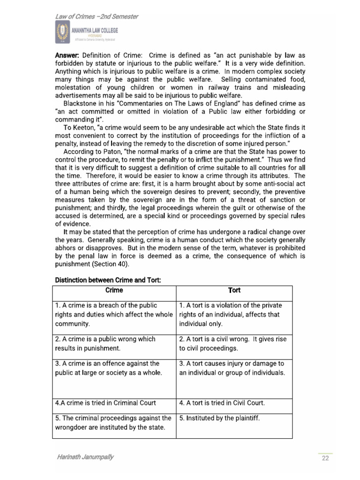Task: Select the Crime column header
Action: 114,290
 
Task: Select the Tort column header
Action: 234,290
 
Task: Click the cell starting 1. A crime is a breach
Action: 114,314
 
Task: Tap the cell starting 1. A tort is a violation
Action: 234,314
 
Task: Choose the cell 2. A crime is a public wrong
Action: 114,343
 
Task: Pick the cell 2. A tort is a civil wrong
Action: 234,343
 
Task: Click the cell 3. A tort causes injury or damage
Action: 234,368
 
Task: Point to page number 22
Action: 325,458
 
